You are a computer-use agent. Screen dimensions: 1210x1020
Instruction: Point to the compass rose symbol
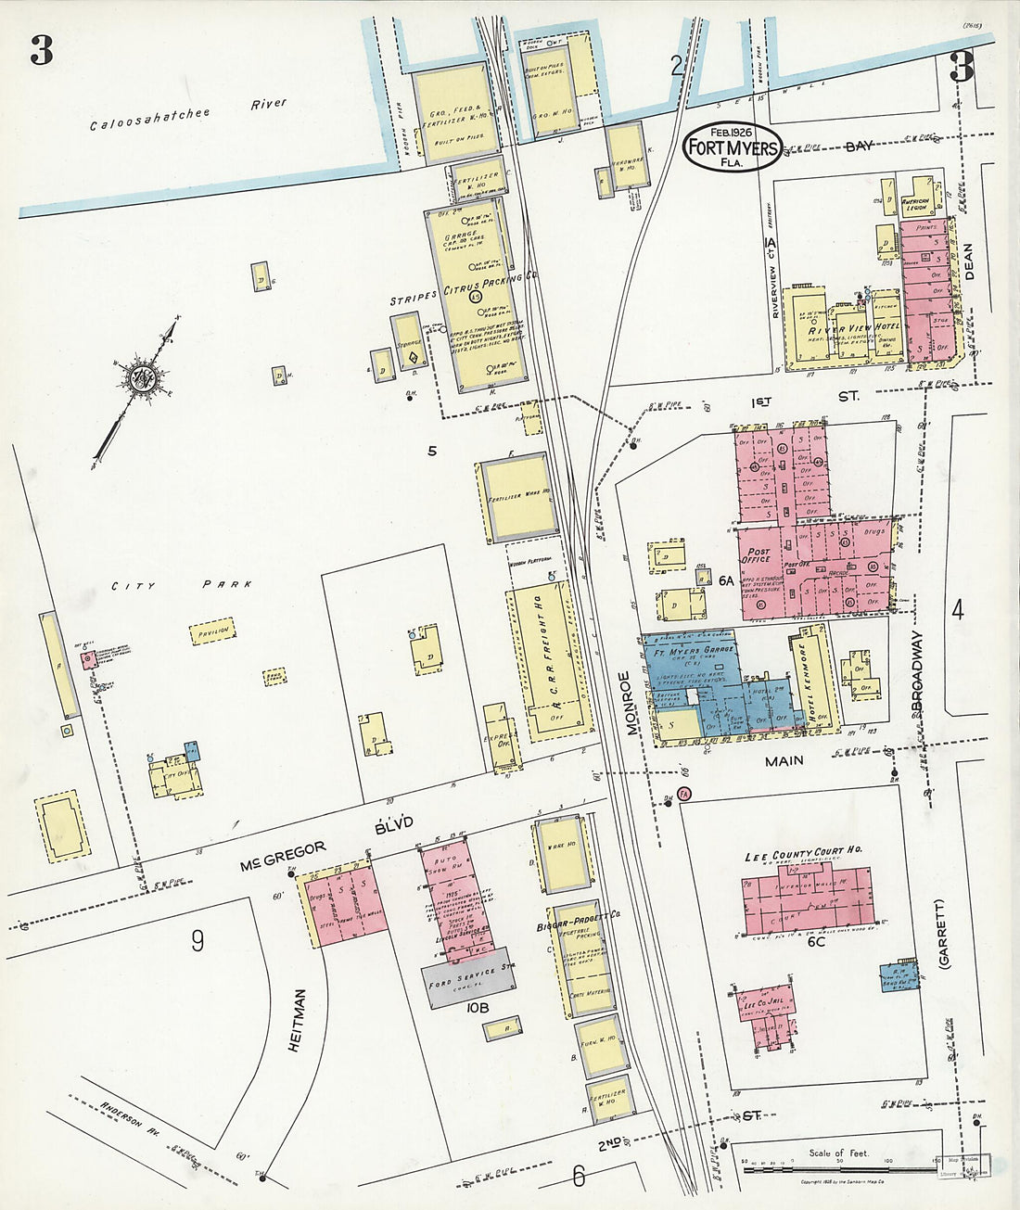pos(144,378)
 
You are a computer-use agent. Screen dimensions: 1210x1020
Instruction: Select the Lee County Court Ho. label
pos(804,854)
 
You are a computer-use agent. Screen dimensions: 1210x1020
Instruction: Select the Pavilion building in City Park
pos(212,634)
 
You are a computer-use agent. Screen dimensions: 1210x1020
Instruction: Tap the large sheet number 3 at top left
pos(42,51)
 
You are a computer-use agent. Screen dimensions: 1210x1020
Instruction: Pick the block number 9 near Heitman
pos(198,941)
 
